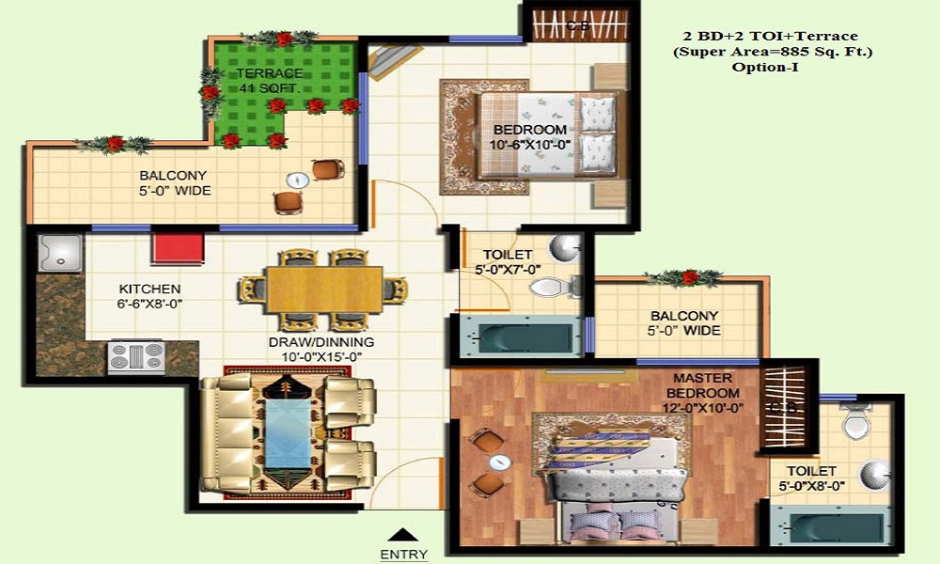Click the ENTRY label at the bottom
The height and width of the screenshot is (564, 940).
[404, 555]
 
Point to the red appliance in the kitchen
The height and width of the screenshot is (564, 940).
[179, 249]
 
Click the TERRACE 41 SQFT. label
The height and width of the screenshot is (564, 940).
[270, 81]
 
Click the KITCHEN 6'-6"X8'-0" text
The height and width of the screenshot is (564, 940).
[149, 296]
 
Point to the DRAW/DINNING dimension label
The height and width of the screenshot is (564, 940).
[321, 349]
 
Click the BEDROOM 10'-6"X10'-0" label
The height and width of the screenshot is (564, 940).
[531, 137]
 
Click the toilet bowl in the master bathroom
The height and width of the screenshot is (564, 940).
[856, 424]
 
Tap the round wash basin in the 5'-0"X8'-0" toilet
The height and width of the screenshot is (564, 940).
[873, 475]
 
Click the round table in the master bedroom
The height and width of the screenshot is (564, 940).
[499, 462]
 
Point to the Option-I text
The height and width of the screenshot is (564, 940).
[772, 68]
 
